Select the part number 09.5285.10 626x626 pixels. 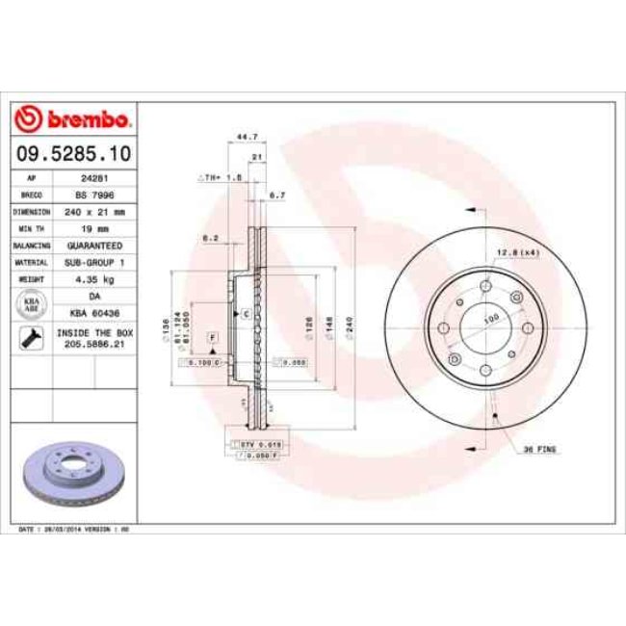click(74, 154)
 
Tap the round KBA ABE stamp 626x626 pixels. click(30, 304)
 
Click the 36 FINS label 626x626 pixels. click(538, 449)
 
